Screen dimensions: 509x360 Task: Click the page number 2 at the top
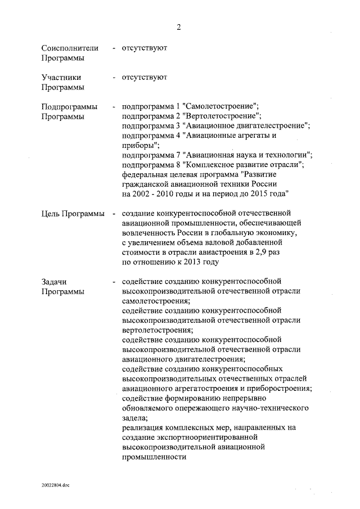pyautogui.click(x=179, y=26)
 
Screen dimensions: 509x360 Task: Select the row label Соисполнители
pyautogui.click(x=70, y=48)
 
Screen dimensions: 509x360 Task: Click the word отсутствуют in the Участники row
pyautogui.click(x=144, y=77)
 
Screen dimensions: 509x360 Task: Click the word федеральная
pyautogui.click(x=145, y=174)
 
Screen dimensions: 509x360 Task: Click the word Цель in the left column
pyautogui.click(x=52, y=214)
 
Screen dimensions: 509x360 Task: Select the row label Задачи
pyautogui.click(x=55, y=281)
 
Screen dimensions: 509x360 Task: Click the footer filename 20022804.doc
pyautogui.click(x=55, y=484)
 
